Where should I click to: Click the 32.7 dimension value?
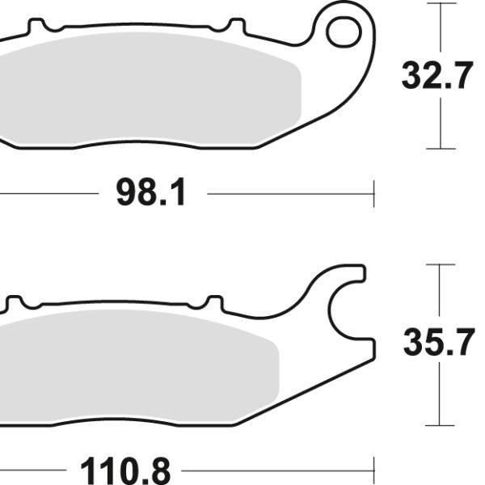437,77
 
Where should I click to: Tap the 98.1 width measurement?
151,194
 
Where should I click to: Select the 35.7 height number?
438,344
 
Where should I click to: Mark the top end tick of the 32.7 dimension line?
440,4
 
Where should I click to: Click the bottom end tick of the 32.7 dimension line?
440,149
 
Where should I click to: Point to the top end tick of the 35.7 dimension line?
440,264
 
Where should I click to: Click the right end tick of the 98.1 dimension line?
374,194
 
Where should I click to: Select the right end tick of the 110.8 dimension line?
376,468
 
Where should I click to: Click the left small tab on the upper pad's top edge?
36,27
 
